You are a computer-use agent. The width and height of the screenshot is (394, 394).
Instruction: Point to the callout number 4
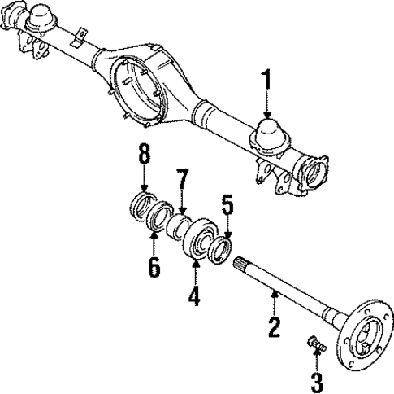193,295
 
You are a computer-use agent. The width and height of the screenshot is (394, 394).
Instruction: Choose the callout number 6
154,267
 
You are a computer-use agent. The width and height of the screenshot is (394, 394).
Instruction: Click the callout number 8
143,153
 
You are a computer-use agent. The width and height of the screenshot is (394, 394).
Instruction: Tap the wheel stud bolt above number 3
315,345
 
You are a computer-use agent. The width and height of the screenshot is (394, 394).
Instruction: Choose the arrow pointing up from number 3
317,362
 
